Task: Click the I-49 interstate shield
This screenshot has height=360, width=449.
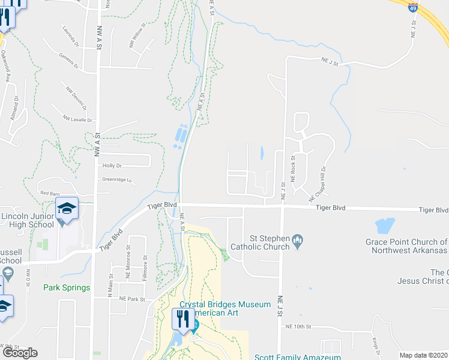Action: tap(412, 7)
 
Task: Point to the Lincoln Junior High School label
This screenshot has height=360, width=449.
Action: tap(29, 220)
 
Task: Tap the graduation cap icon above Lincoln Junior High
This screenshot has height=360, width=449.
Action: tap(67, 208)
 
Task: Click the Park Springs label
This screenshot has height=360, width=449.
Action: tap(67, 287)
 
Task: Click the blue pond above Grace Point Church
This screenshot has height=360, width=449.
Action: tap(384, 226)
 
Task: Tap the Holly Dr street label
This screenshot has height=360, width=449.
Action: tap(112, 166)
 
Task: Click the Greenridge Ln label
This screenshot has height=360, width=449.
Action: tap(116, 178)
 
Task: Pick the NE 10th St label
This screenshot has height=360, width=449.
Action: tap(300, 326)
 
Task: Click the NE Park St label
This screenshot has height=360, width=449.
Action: tap(133, 298)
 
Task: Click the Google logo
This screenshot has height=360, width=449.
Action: tap(19, 353)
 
